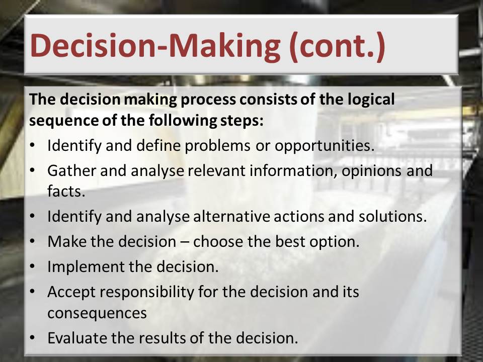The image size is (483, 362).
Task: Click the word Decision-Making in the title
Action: click(x=155, y=46)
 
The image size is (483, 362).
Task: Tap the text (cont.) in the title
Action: click(x=337, y=46)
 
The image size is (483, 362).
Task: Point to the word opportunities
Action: click(x=325, y=146)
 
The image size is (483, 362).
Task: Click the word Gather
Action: click(x=71, y=170)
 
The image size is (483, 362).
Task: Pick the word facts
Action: click(x=66, y=191)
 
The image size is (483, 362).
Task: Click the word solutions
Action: click(x=393, y=216)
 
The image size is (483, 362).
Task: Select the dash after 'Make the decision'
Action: click(x=185, y=242)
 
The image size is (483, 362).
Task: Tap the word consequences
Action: click(x=97, y=313)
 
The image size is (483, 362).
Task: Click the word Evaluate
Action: click(x=77, y=338)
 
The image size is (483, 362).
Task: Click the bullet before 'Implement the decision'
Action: click(x=33, y=266)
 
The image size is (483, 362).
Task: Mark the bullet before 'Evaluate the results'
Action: click(x=33, y=338)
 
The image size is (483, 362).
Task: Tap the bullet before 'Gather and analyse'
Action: click(x=33, y=170)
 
